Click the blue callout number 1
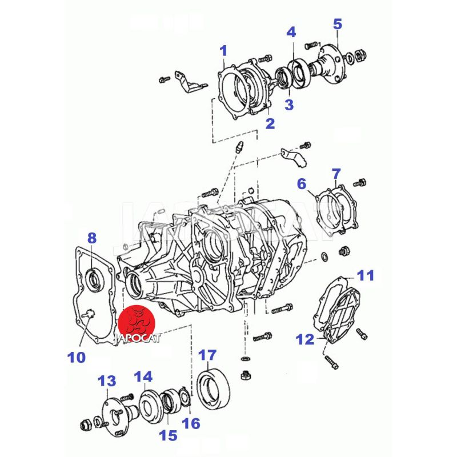tap(224, 51)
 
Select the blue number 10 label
tap(76, 358)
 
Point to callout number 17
tap(206, 354)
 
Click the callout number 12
tap(305, 340)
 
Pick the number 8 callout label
tap(92, 237)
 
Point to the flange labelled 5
tap(331, 59)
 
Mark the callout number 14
tap(144, 376)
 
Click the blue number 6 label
tap(301, 183)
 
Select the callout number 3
tap(289, 105)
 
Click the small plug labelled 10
tap(89, 312)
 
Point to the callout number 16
tap(191, 423)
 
